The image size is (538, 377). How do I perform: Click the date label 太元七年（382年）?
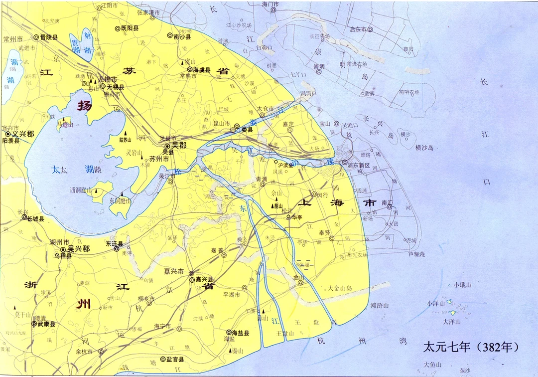(471, 346)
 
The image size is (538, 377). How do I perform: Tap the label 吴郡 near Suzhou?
(178, 146)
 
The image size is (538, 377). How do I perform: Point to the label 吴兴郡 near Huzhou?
(79, 248)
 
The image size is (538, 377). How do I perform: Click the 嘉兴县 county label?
(204, 280)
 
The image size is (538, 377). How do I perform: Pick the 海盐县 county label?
(241, 333)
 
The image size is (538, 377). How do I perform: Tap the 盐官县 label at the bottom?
(175, 359)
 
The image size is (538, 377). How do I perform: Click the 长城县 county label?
(35, 219)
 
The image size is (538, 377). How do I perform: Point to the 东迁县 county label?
(114, 244)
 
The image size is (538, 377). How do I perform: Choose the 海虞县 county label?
(202, 70)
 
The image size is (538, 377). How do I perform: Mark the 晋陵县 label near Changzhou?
(49, 37)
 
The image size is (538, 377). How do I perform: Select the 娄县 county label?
(247, 130)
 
